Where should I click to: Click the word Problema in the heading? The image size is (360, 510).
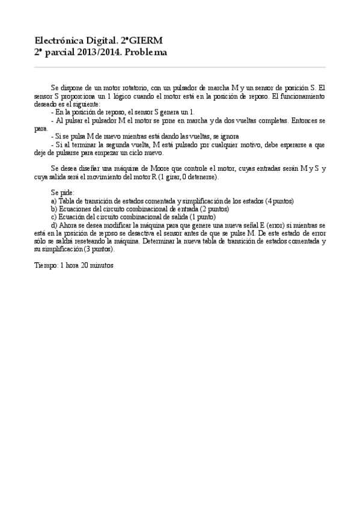(147, 52)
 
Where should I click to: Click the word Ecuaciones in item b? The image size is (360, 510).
(75, 209)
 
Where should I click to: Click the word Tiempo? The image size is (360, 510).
(46, 265)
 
